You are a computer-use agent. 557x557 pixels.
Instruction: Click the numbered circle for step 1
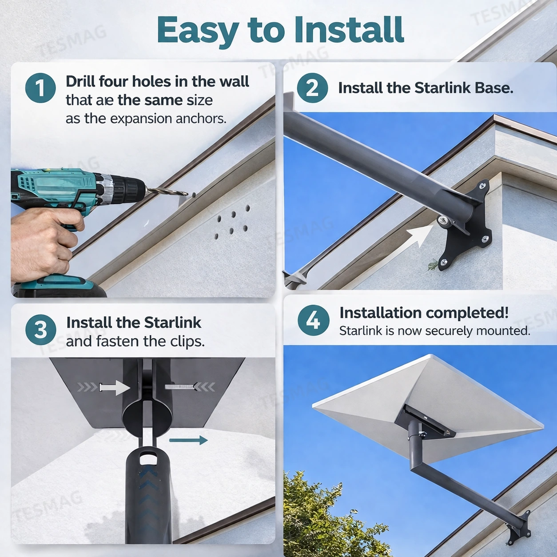click(40, 88)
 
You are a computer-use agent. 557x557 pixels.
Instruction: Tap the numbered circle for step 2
click(312, 88)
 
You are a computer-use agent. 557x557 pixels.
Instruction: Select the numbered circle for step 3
click(40, 330)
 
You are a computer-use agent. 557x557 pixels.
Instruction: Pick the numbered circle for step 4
click(313, 320)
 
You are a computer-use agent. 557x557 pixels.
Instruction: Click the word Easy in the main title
click(198, 30)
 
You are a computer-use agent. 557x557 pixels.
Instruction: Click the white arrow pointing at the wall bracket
click(420, 235)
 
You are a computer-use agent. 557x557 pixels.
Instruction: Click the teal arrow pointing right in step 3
click(188, 440)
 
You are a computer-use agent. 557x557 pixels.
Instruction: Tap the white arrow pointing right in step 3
click(115, 387)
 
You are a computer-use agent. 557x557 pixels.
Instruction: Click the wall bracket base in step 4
click(520, 529)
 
